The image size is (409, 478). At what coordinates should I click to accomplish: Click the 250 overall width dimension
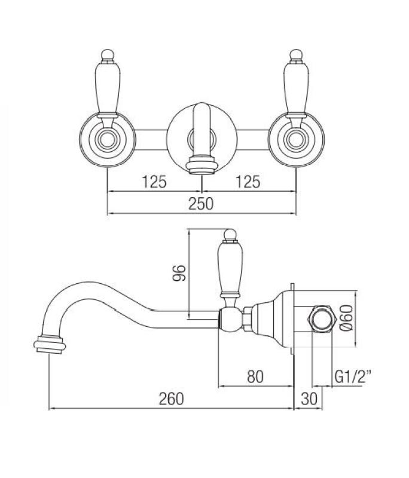(202, 204)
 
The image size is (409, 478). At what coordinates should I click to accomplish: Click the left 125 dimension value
(154, 182)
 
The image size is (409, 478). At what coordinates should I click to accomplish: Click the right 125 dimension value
(248, 182)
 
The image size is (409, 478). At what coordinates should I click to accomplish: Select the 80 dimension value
(255, 376)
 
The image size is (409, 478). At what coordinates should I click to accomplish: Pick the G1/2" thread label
(351, 376)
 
